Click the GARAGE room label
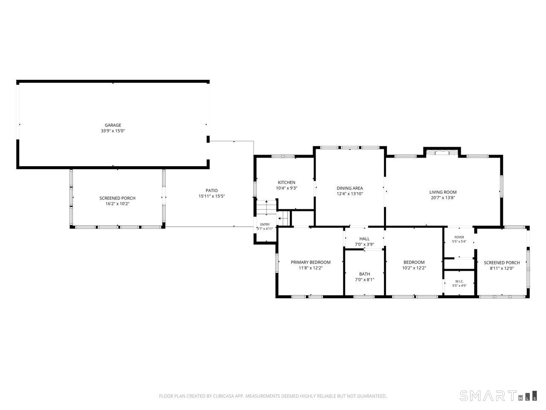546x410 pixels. [x=113, y=125]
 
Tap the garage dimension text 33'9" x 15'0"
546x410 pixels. [x=113, y=131]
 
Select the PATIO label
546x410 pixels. [x=212, y=190]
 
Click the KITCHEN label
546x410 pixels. [x=287, y=182]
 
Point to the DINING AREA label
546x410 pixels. [x=350, y=188]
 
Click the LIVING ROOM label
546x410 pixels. [x=443, y=192]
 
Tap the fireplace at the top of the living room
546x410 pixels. [x=442, y=152]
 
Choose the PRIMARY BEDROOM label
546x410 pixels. [x=311, y=262]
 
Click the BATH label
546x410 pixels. [x=364, y=274]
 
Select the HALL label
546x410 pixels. [x=364, y=239]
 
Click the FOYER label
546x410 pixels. [x=459, y=237]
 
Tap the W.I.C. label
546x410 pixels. [x=459, y=281]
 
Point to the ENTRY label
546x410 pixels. [x=265, y=225]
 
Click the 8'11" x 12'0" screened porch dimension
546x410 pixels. [x=502, y=268]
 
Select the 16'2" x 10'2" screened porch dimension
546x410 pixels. [x=117, y=204]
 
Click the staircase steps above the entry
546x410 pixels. [x=267, y=207]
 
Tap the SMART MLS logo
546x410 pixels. [x=498, y=396]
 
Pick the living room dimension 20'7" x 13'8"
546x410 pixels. [x=443, y=198]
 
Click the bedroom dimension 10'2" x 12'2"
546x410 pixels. [x=414, y=268]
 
